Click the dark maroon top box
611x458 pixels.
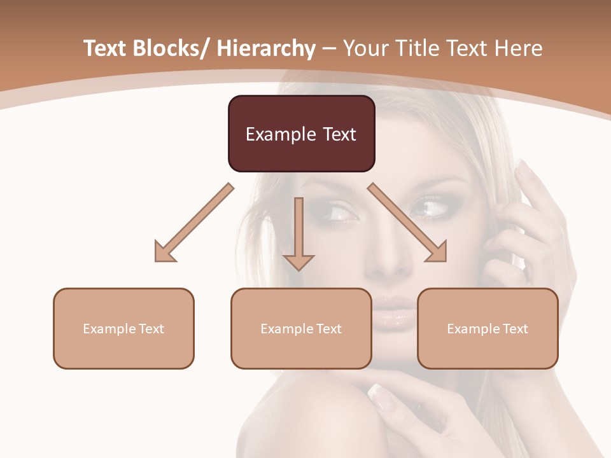point(301,134)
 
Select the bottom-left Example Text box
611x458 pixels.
point(123,328)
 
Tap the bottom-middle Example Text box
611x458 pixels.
point(301,328)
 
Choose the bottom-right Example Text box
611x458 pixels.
point(488,328)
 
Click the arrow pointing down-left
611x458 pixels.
point(194,223)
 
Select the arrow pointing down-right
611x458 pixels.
point(407,223)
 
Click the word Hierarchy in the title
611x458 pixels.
point(266,48)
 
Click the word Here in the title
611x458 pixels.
point(521,48)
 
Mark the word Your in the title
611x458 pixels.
point(366,48)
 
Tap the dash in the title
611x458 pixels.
point(329,48)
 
